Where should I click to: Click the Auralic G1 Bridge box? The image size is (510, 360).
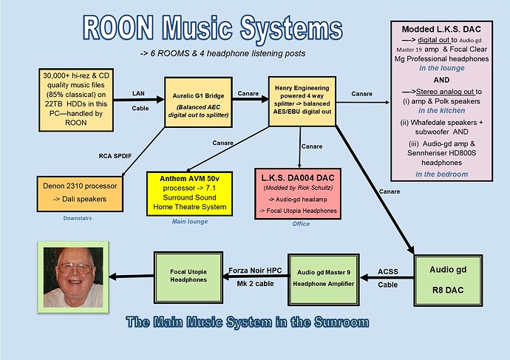click(198, 102)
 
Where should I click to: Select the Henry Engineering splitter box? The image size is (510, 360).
click(302, 101)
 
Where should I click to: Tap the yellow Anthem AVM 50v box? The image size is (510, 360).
click(190, 194)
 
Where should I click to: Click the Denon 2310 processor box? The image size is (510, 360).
click(80, 194)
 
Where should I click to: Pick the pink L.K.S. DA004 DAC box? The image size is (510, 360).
click(298, 194)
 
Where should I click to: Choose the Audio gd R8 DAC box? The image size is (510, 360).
click(448, 280)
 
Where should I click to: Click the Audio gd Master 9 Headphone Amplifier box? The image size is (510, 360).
click(324, 279)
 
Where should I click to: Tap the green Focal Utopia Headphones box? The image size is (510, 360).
click(188, 277)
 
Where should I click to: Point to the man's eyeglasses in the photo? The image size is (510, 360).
click(75, 268)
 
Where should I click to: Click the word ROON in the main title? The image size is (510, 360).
click(118, 28)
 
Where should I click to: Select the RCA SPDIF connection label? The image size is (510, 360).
click(115, 156)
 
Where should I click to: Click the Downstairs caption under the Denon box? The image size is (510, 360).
click(78, 218)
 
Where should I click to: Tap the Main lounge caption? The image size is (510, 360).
click(190, 222)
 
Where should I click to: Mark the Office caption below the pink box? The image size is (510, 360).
click(301, 224)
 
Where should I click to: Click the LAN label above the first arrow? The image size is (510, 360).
click(138, 93)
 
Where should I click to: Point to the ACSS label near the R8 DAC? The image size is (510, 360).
click(388, 271)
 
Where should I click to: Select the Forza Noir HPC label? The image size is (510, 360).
click(255, 271)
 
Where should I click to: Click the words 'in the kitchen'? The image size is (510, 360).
click(442, 111)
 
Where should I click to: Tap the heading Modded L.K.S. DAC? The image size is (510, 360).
click(441, 30)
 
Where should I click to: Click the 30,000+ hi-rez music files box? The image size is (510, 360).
click(76, 100)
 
